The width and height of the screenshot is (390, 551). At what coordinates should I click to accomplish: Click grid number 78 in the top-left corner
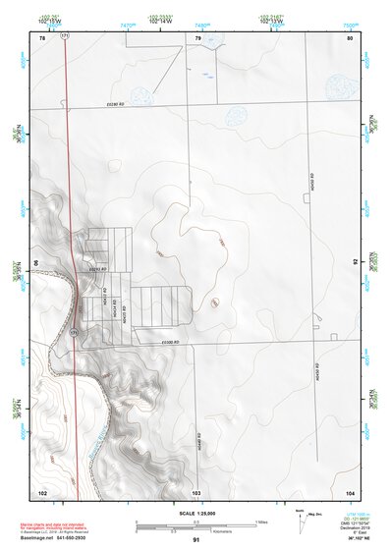[42, 37]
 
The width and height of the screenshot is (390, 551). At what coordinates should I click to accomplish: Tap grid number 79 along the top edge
[197, 37]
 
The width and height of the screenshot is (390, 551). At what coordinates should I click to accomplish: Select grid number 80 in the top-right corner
[349, 37]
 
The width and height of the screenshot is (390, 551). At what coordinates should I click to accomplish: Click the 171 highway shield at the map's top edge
[65, 35]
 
